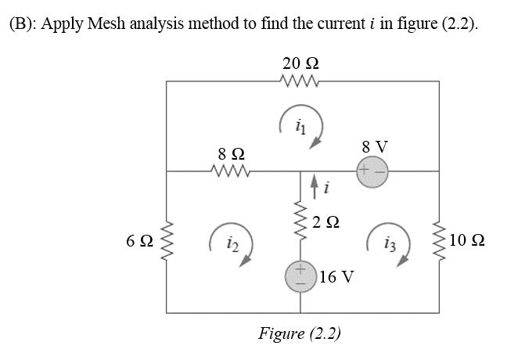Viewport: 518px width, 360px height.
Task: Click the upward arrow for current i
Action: [315, 186]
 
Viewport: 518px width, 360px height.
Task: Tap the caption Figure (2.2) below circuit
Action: [300, 333]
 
